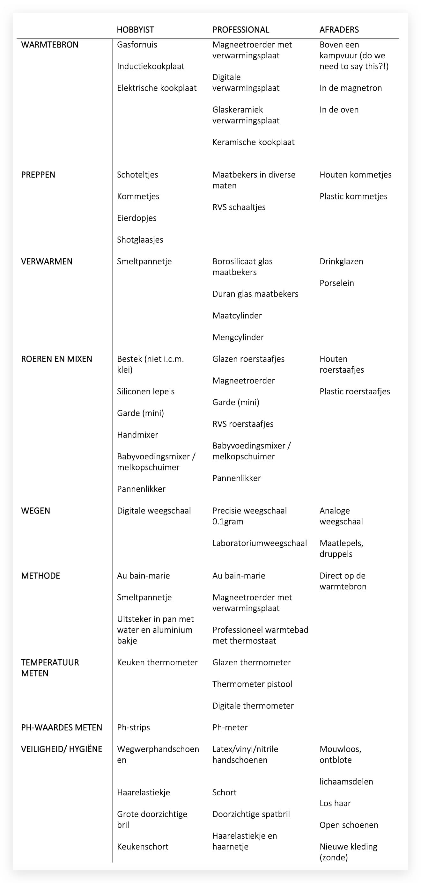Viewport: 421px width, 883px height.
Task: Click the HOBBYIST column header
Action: click(x=136, y=30)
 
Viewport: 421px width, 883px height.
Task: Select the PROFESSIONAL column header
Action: click(x=241, y=30)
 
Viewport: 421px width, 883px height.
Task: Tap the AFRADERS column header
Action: click(x=339, y=30)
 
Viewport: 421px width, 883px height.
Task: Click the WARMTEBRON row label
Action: click(x=50, y=45)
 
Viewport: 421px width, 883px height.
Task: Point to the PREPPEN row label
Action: click(x=38, y=175)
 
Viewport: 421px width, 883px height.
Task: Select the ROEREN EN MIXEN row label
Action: click(x=56, y=359)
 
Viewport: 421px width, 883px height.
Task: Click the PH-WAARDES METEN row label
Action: click(x=62, y=727)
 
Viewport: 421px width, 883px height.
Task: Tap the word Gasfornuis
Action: click(x=137, y=45)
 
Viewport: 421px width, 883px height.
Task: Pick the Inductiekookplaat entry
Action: click(x=151, y=67)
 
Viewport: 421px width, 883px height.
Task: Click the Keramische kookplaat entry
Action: click(x=253, y=142)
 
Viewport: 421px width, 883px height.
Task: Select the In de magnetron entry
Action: click(x=351, y=88)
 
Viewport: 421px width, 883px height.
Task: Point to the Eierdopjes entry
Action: click(x=137, y=218)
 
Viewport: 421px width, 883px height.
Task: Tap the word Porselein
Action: click(x=337, y=283)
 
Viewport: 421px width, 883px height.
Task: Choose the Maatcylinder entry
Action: click(x=237, y=316)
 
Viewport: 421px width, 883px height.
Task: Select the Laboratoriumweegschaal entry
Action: click(x=260, y=543)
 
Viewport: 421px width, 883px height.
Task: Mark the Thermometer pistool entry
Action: click(x=252, y=684)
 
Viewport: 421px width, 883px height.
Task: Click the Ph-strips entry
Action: click(x=133, y=727)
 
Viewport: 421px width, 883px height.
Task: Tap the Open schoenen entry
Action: click(x=349, y=825)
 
